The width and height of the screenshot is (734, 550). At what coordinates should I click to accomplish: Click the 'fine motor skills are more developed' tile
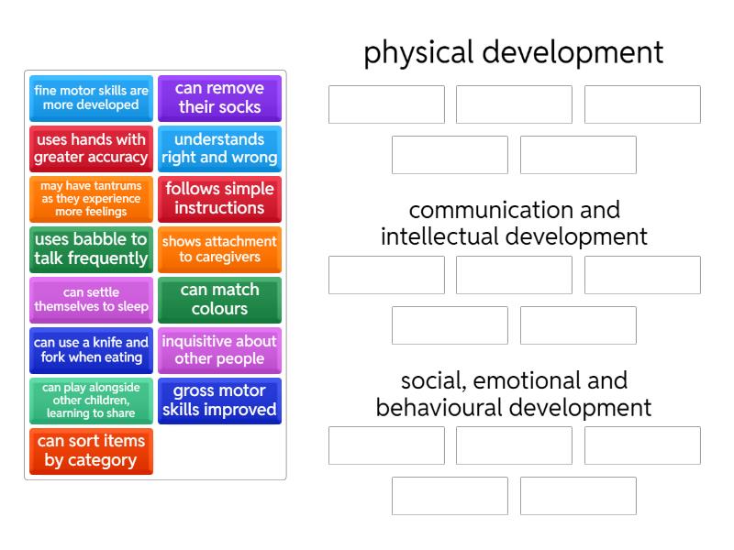[x=91, y=98]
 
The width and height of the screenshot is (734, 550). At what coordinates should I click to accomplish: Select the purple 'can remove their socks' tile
[x=219, y=98]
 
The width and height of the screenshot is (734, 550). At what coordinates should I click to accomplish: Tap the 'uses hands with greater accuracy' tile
[x=91, y=148]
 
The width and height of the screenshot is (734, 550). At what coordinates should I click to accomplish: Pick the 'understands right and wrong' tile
[x=219, y=148]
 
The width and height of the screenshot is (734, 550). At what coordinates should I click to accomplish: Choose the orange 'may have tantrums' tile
[x=91, y=199]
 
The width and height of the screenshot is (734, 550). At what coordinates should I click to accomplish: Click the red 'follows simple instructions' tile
[x=219, y=199]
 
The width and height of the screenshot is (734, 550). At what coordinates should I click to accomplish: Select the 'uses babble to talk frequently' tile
[x=91, y=249]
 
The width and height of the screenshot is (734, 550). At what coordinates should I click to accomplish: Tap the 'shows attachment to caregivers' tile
[x=219, y=249]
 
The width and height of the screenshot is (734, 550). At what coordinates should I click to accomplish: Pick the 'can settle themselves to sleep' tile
[x=91, y=301]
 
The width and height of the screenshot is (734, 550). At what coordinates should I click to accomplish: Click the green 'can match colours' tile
[x=219, y=301]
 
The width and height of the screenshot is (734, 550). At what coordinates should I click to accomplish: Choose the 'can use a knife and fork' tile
[x=91, y=351]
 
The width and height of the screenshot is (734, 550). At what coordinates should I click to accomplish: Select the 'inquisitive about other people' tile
[x=219, y=351]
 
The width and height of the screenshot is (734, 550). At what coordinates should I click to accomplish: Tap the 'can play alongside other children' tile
[x=91, y=401]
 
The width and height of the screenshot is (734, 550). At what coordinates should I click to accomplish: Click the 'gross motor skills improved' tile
[x=219, y=401]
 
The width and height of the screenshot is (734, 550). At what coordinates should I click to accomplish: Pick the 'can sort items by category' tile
[x=91, y=452]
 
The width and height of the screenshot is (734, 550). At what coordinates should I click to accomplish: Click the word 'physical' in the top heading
[x=418, y=53]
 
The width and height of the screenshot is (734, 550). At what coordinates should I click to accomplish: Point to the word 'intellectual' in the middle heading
[x=439, y=236]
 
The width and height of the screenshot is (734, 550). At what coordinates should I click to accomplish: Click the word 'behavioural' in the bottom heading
[x=437, y=407]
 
